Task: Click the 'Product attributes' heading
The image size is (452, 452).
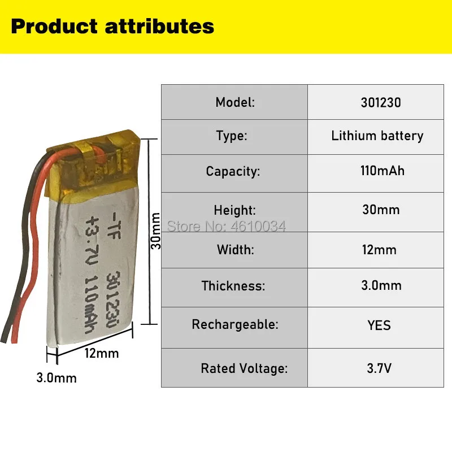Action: [112, 27]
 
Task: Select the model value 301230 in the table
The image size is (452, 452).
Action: [380, 102]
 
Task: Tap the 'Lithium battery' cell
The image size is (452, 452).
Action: [377, 136]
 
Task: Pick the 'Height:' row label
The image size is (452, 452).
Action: [234, 210]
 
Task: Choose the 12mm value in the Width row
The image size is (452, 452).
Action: [380, 250]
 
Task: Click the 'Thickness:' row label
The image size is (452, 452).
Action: [233, 285]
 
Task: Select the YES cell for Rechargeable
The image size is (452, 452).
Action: [379, 325]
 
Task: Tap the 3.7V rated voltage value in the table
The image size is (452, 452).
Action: [379, 368]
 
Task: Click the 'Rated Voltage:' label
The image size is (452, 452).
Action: [244, 368]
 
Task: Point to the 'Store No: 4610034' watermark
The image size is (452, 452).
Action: [227, 227]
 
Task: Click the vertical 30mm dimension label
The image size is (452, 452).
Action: [157, 231]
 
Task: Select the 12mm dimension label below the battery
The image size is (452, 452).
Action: [101, 354]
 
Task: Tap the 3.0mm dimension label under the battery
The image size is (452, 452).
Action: [56, 377]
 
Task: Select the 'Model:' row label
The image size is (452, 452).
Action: [235, 102]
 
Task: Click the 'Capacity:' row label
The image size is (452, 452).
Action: [233, 171]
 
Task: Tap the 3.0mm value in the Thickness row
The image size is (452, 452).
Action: [381, 285]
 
